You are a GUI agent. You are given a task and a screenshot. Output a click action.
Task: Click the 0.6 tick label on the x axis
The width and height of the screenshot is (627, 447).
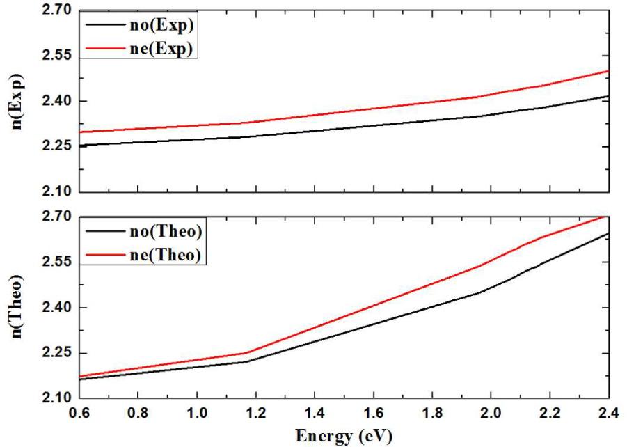(x=81, y=414)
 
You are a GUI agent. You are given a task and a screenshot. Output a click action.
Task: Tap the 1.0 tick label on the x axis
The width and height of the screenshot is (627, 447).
(x=199, y=414)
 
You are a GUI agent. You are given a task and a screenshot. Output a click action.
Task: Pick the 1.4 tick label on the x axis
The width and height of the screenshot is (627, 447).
(x=316, y=414)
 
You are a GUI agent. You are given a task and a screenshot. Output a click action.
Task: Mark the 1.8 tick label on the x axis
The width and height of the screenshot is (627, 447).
(x=433, y=414)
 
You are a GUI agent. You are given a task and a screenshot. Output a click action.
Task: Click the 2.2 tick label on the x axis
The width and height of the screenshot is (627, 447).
(x=550, y=414)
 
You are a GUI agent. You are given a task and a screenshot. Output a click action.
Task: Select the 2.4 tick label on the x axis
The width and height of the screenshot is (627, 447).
(x=608, y=414)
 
